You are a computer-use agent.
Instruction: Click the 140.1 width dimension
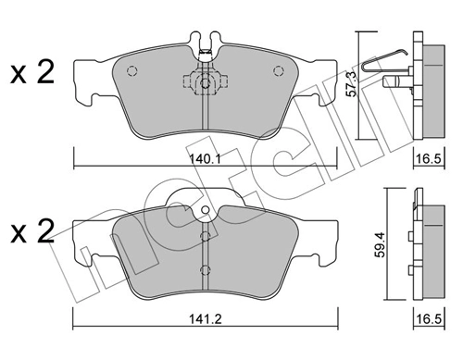pos(203,159)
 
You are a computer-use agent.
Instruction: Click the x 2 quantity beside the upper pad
pos(33,73)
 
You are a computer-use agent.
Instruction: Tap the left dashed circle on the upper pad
pos(131,70)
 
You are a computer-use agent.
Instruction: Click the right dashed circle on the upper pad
pos(277,70)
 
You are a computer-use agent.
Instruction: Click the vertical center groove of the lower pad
pos(204,254)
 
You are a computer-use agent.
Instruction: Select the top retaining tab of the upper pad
pos(204,42)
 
